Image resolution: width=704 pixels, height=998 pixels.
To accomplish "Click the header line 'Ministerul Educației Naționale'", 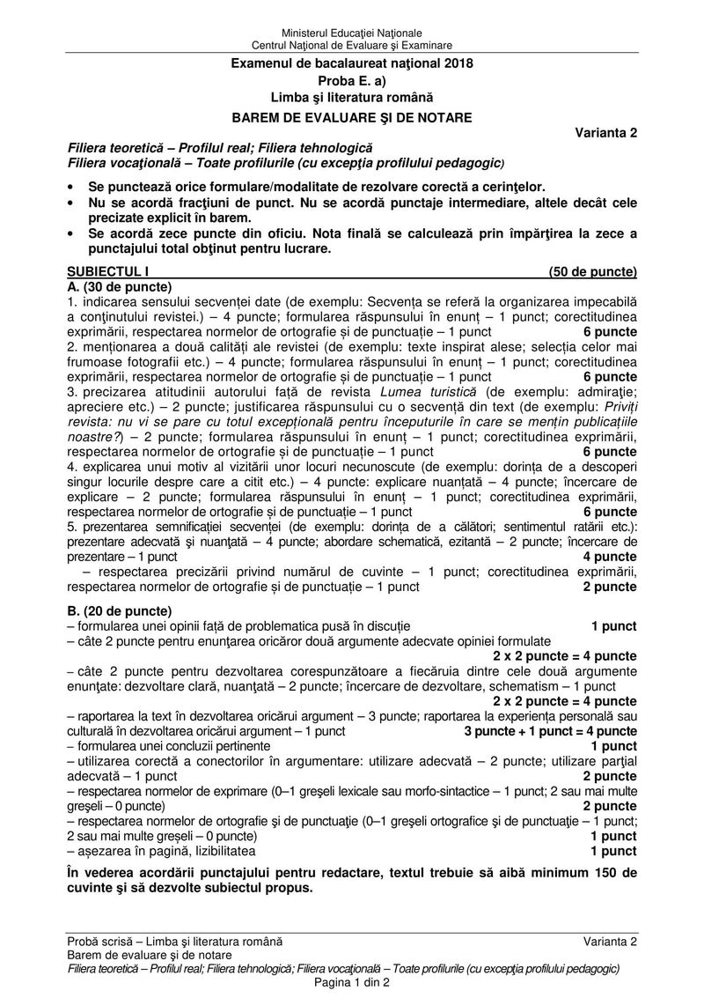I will point(352,32).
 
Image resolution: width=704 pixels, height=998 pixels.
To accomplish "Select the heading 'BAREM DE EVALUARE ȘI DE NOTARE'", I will point(352,116).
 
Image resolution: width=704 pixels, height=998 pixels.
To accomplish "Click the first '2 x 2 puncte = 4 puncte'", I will point(565,656).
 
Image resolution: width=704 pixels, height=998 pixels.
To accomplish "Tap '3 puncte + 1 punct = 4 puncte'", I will point(550,731).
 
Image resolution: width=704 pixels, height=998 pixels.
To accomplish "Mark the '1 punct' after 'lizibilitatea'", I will point(613,851).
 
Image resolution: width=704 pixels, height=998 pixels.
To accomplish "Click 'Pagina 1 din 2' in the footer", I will point(352,982).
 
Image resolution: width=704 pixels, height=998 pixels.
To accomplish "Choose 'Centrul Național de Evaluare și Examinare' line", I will point(352,45).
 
